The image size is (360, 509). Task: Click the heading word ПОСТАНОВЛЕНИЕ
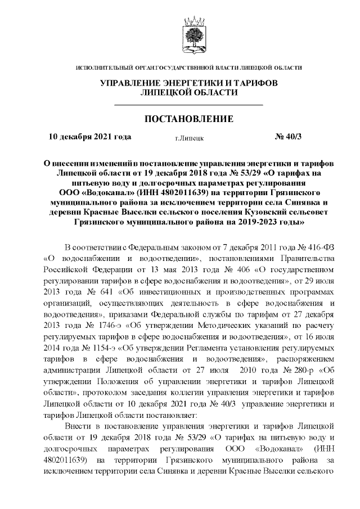(188, 119)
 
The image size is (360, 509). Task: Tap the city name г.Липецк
(189, 137)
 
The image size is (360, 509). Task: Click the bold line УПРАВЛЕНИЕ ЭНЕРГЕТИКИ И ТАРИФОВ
(188, 83)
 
